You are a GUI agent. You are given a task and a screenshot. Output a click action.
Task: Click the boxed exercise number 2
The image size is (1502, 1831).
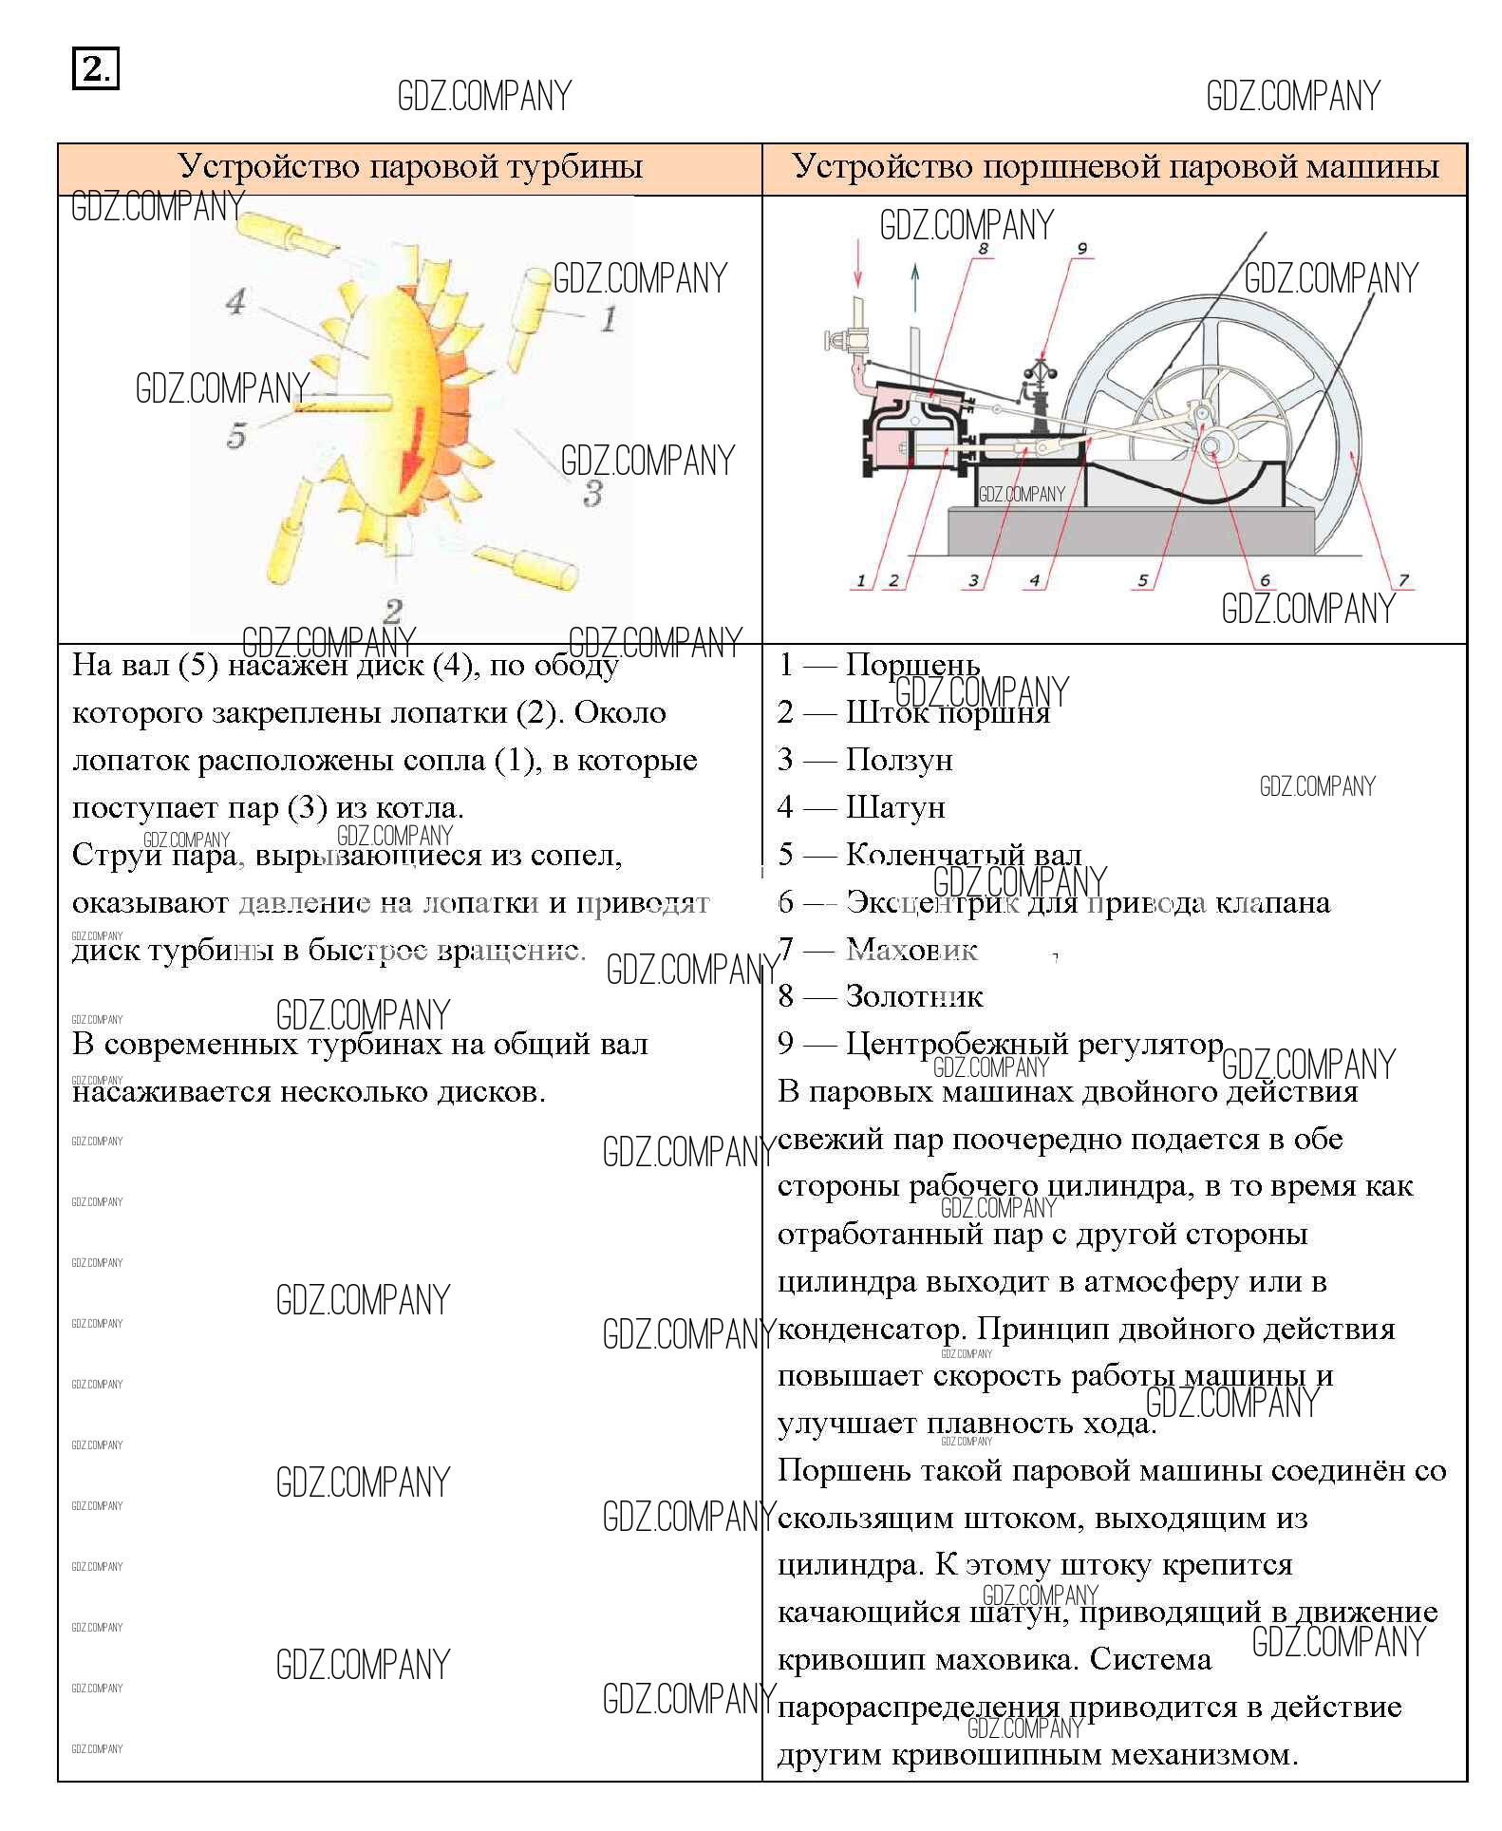(95, 69)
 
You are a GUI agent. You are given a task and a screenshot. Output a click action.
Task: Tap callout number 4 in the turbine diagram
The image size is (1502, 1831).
(236, 302)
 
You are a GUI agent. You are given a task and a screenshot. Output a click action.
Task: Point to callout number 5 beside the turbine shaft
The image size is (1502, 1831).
(236, 436)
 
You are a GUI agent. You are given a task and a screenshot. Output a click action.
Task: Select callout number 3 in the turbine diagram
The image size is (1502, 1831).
(592, 493)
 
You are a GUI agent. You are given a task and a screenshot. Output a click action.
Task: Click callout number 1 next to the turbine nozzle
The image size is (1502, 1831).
(608, 318)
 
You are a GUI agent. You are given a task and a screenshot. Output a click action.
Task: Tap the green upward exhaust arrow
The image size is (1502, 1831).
(915, 287)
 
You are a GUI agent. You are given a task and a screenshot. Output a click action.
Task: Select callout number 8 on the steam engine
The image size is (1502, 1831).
(982, 249)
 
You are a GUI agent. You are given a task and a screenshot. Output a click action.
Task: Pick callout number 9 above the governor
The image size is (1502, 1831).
(1081, 249)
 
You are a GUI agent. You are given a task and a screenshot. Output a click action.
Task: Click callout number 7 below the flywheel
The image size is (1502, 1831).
(1402, 579)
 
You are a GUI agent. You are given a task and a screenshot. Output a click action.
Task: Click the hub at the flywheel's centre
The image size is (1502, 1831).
(1213, 444)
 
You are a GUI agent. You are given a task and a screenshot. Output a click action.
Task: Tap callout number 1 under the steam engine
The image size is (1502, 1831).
(861, 580)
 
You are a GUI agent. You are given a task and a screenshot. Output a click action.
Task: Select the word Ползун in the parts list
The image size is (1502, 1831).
(899, 760)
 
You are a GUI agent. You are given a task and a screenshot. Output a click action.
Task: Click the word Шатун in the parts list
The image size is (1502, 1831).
(895, 807)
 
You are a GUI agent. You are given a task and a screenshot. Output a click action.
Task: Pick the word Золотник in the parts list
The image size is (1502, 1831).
(914, 996)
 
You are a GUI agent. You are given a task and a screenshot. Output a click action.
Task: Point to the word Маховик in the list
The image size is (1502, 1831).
(911, 949)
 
